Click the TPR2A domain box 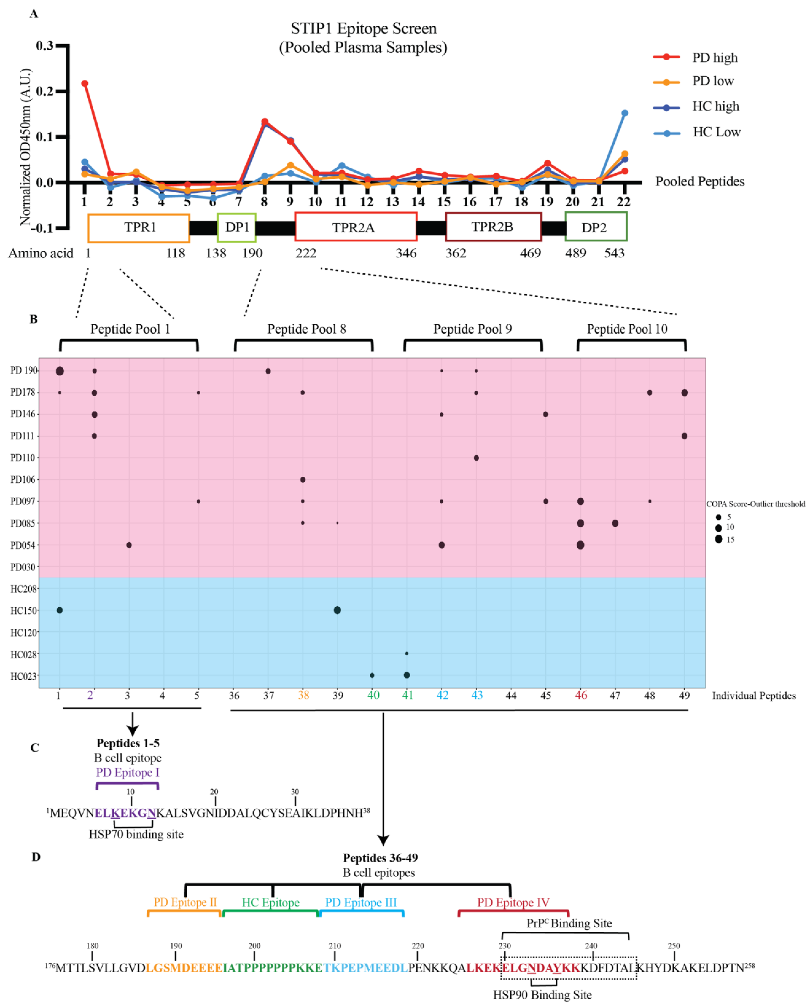tap(356, 227)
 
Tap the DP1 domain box tap(237, 227)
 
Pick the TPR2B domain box tap(493, 227)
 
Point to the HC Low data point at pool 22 tap(624, 113)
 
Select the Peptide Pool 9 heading tap(473, 329)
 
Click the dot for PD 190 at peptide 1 tap(60, 371)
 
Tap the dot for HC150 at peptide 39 tap(337, 610)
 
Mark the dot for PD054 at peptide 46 tap(580, 545)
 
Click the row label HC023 tap(23, 676)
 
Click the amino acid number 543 tap(614, 253)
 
